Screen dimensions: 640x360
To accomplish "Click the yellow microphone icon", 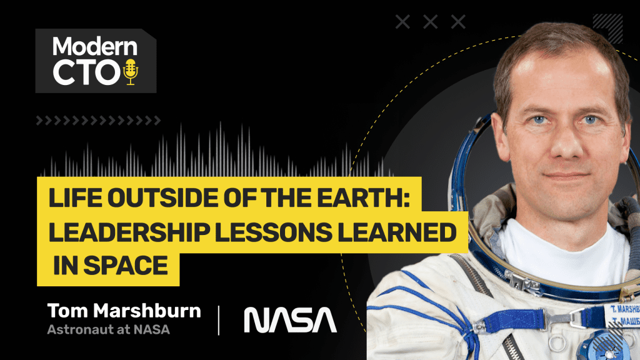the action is (x=131, y=72).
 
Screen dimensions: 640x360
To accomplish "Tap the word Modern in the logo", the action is (x=95, y=46).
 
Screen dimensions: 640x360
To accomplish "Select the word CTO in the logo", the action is (x=86, y=72).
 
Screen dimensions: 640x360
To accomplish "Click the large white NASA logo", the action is (x=290, y=320).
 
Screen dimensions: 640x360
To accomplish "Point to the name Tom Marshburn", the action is (x=124, y=311).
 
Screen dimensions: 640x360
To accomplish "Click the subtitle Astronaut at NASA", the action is (x=108, y=329).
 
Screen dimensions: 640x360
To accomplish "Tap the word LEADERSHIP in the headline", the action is (x=129, y=232).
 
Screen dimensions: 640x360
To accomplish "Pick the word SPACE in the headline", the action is (x=126, y=265).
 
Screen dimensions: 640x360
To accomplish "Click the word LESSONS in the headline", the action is (x=273, y=232).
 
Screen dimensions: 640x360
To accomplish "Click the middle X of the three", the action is (x=430, y=22).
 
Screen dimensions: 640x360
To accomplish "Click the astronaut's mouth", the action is (x=566, y=176).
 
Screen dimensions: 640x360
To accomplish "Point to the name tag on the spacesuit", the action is (x=623, y=314).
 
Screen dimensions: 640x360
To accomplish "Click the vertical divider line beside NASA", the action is (x=219, y=320).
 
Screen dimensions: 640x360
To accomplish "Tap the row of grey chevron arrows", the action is (x=98, y=121).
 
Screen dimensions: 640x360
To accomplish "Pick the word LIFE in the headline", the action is (x=76, y=197).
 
